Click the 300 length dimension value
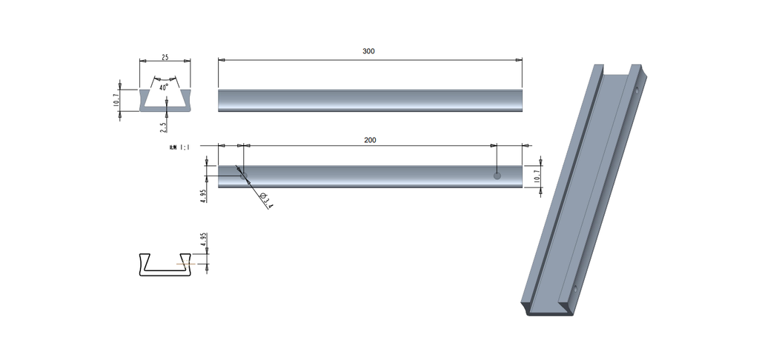coord(368,51)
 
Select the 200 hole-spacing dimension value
coord(370,139)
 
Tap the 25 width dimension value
coord(165,57)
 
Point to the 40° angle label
coord(164,87)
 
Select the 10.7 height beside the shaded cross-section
coord(116,100)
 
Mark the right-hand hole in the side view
coord(497,176)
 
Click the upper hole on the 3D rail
coord(636,91)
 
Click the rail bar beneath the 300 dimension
coord(370,101)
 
